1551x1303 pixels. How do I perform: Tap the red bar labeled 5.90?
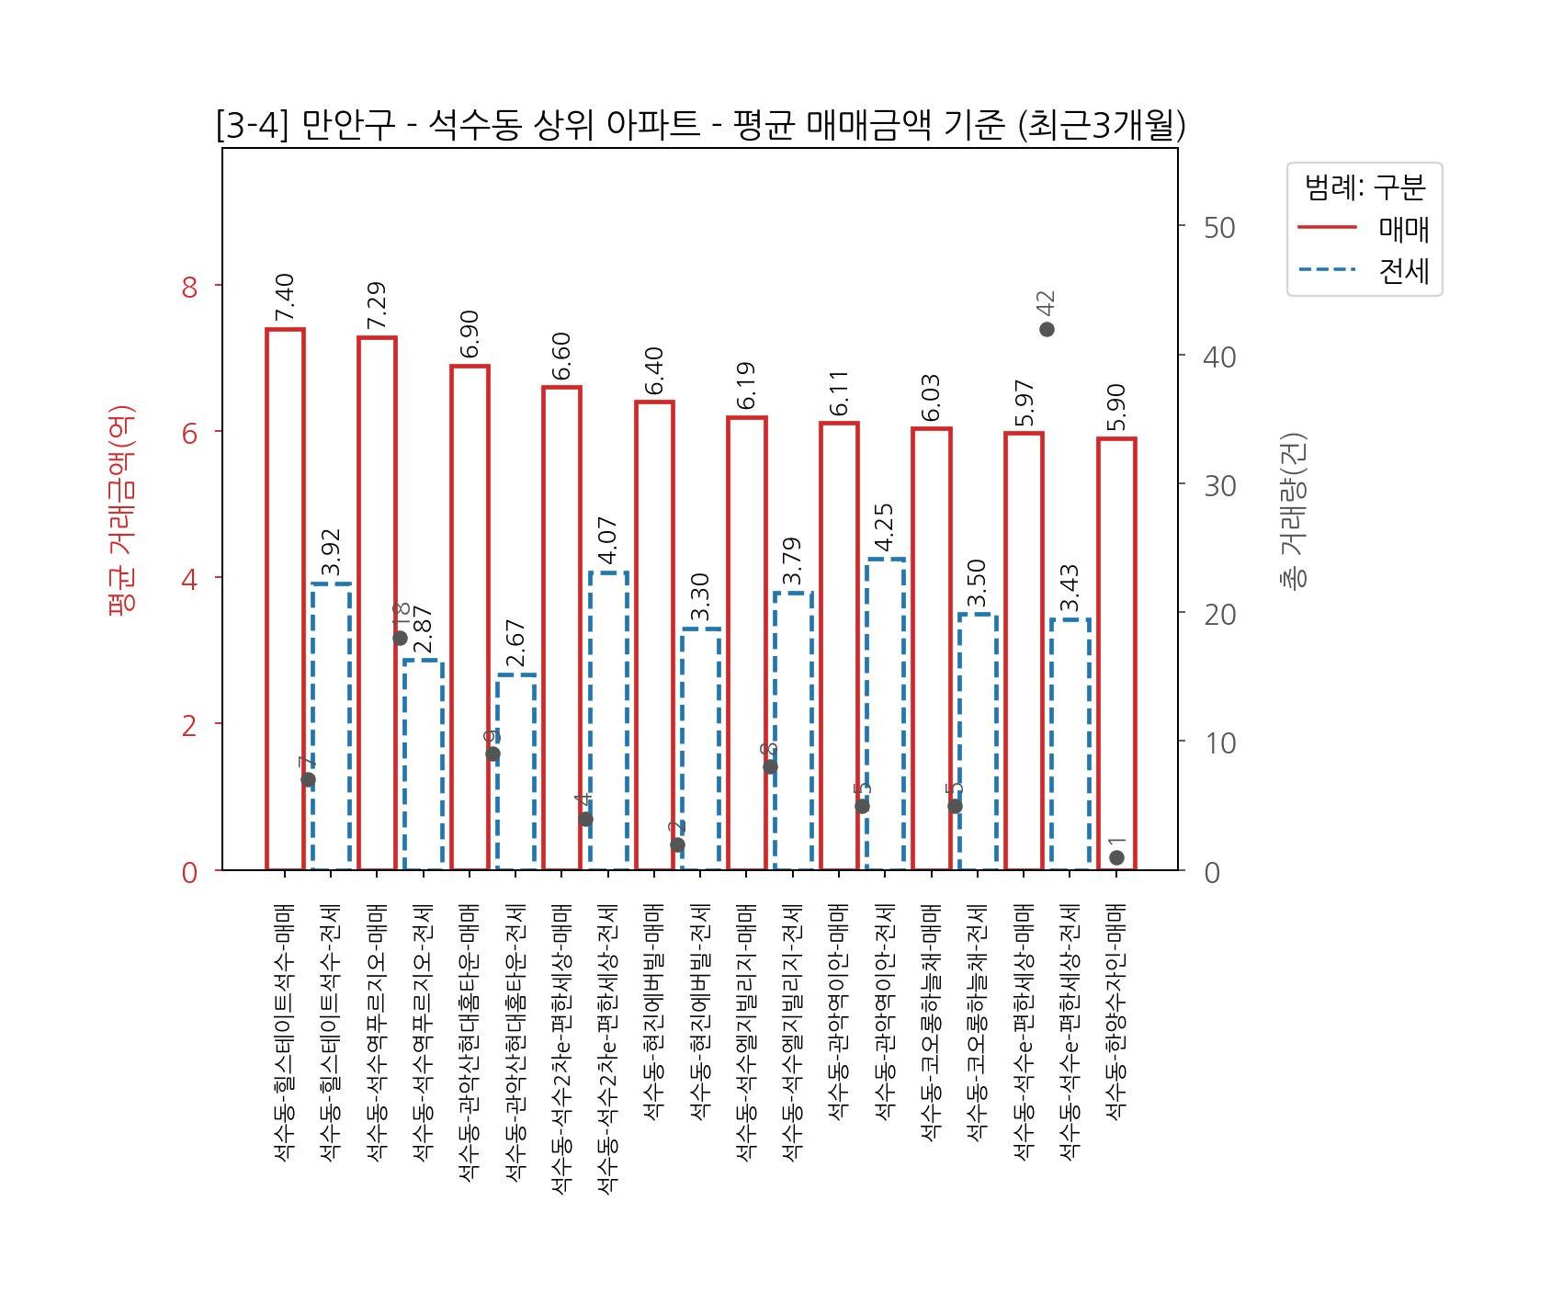click(x=1116, y=653)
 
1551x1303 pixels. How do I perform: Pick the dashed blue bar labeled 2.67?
click(x=515, y=772)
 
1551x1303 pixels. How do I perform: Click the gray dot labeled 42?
click(x=1047, y=329)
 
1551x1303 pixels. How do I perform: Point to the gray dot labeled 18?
click(x=400, y=638)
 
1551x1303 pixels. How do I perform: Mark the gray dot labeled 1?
click(x=1116, y=857)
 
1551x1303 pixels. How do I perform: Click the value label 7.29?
click(x=377, y=305)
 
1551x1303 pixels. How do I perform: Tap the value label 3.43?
click(x=1070, y=588)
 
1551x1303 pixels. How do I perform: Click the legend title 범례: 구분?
click(x=1364, y=187)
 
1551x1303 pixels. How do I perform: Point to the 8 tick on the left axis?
click(x=190, y=287)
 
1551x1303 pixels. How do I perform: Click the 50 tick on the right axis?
click(x=1219, y=228)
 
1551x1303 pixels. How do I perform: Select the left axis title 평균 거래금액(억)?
click(x=121, y=510)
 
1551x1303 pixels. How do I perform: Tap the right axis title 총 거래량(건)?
click(x=1293, y=510)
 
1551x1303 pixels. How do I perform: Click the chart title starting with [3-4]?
click(x=700, y=125)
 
